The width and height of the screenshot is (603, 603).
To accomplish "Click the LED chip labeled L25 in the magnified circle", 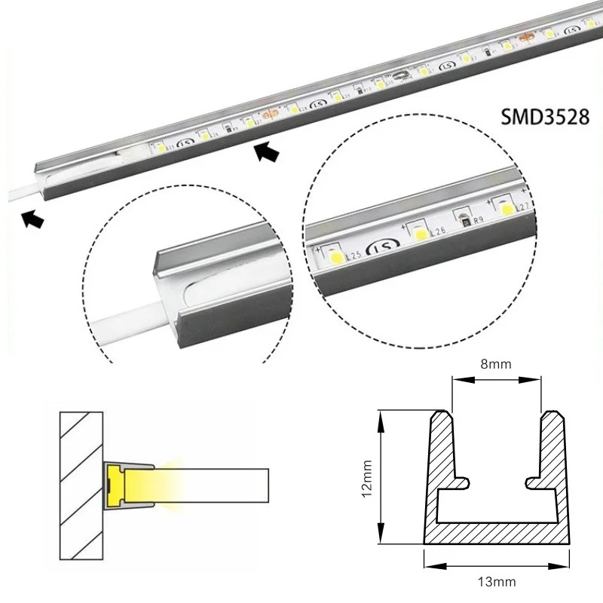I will tap(332, 256).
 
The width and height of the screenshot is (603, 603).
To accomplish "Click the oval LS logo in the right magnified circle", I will tap(376, 245).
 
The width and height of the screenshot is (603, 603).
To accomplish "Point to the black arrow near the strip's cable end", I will tap(32, 219).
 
